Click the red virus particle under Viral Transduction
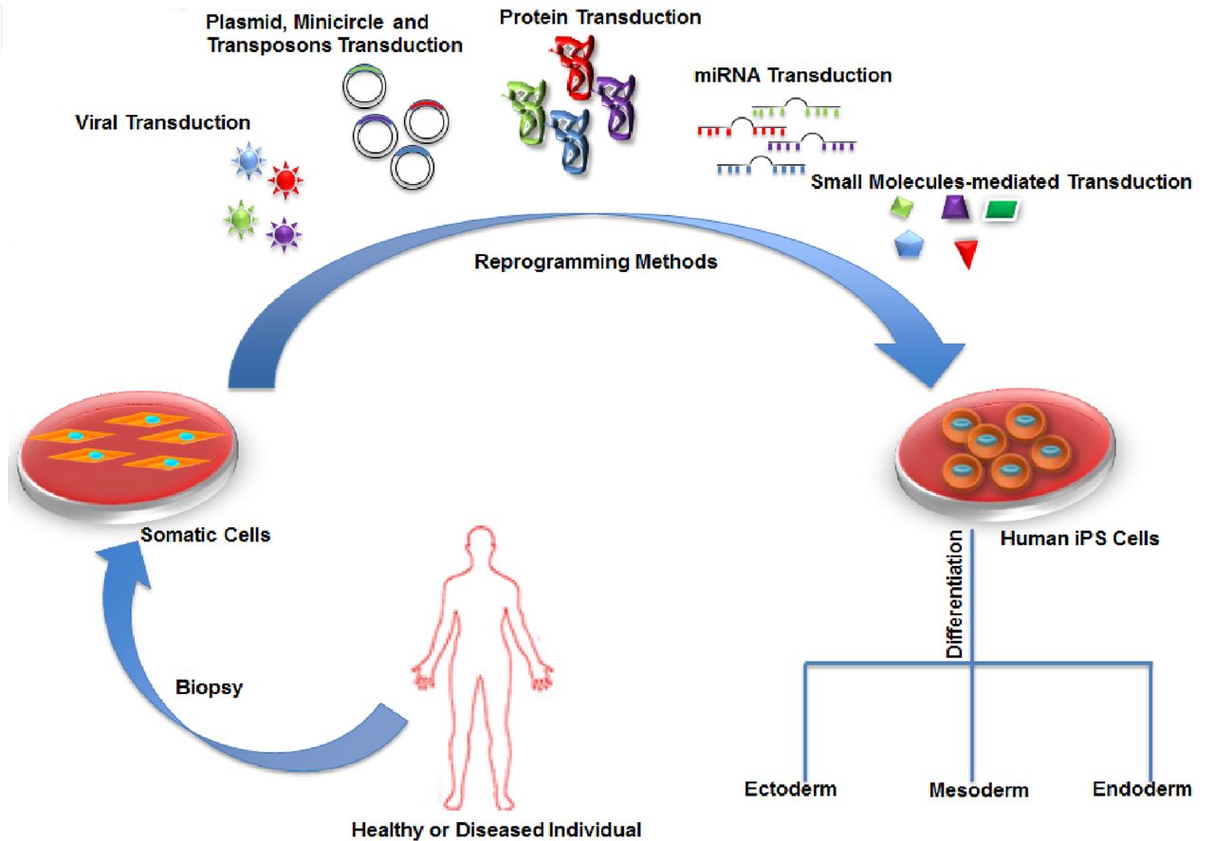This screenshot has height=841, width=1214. click(285, 179)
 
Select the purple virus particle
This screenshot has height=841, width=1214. click(282, 233)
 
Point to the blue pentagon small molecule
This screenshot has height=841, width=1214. click(910, 247)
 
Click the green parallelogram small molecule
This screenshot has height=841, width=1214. click(1002, 210)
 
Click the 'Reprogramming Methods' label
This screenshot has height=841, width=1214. click(596, 263)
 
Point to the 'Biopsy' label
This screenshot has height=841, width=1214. click(209, 688)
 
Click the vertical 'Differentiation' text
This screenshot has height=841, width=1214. click(955, 594)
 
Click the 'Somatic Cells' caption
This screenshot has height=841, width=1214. click(206, 535)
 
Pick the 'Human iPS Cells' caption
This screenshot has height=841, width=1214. click(1078, 539)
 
